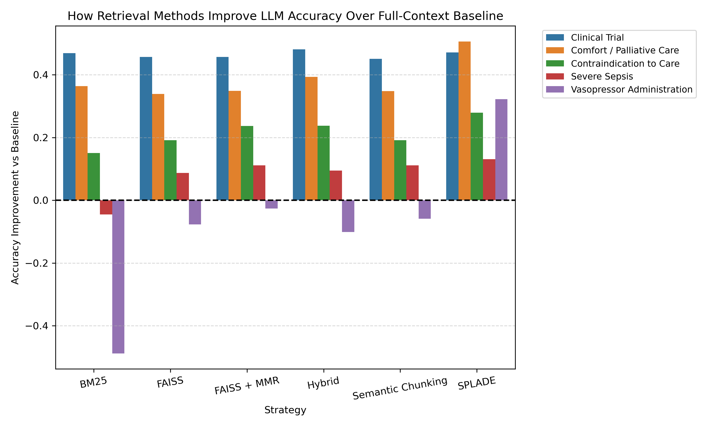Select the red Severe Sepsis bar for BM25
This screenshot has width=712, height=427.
(x=106, y=207)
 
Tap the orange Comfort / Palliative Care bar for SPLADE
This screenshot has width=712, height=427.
(x=464, y=121)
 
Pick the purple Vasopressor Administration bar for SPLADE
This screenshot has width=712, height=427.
(x=501, y=150)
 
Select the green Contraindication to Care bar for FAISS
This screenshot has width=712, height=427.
(x=170, y=170)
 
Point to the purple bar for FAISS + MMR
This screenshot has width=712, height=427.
(x=271, y=204)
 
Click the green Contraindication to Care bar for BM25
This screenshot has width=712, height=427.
(x=94, y=176)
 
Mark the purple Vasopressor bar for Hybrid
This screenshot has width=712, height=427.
(x=348, y=216)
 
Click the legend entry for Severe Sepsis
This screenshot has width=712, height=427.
(x=601, y=77)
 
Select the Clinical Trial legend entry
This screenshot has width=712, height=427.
(x=597, y=37)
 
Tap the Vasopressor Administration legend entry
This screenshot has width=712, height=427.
(x=631, y=89)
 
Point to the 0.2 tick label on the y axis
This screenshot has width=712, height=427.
(x=40, y=138)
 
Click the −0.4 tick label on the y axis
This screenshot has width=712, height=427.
(x=37, y=326)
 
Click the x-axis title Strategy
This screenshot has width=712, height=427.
(x=285, y=410)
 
